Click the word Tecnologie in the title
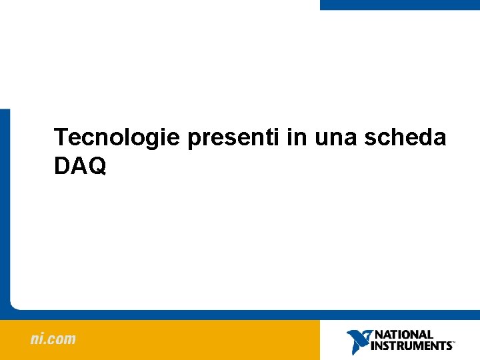click(117, 137)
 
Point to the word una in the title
click(335, 138)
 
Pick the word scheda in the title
click(406, 137)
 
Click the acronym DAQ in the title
click(80, 167)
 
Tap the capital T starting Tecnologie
click(61, 137)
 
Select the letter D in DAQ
click(62, 167)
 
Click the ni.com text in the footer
click(53, 339)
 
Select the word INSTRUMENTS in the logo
click(411, 346)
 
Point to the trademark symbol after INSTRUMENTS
click(454, 343)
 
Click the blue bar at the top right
click(399, 5)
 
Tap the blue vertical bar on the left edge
click(5, 207)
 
